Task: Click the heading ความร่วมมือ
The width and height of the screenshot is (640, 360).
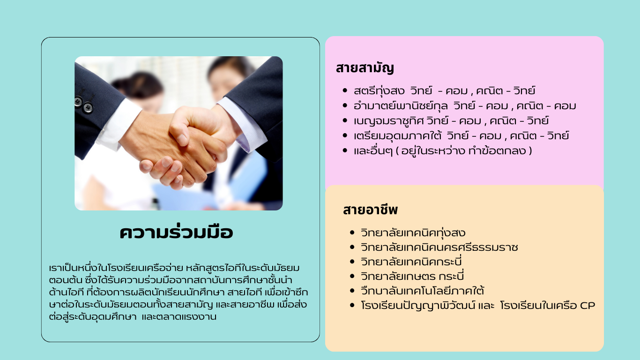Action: pyautogui.click(x=176, y=232)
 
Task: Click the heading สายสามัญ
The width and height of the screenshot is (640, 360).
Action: pyautogui.click(x=365, y=68)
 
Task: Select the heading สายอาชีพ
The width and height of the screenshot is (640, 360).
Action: pyautogui.click(x=370, y=210)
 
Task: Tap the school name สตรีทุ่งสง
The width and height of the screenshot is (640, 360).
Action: pyautogui.click(x=379, y=90)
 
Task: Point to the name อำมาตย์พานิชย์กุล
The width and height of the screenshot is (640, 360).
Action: pyautogui.click(x=401, y=106)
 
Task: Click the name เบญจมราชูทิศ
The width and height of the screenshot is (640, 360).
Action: pyautogui.click(x=388, y=120)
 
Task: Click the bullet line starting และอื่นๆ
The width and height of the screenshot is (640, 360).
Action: pyautogui.click(x=443, y=150)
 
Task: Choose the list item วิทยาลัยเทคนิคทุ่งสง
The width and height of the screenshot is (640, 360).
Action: pyautogui.click(x=413, y=233)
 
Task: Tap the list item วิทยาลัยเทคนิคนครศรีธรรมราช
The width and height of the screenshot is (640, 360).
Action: pyautogui.click(x=439, y=247)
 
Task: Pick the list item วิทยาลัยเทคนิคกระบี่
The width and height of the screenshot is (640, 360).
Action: pyautogui.click(x=411, y=262)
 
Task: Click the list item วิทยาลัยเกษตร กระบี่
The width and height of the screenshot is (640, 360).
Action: pyautogui.click(x=412, y=276)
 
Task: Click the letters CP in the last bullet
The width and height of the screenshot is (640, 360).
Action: pyautogui.click(x=587, y=306)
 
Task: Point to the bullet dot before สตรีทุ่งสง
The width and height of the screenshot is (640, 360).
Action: pyautogui.click(x=345, y=90)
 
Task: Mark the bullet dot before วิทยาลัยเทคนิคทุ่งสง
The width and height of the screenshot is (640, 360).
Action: pyautogui.click(x=352, y=232)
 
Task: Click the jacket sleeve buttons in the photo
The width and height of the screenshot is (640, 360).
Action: pyautogui.click(x=83, y=104)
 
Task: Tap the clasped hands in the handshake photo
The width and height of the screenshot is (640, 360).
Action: pyautogui.click(x=183, y=146)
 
